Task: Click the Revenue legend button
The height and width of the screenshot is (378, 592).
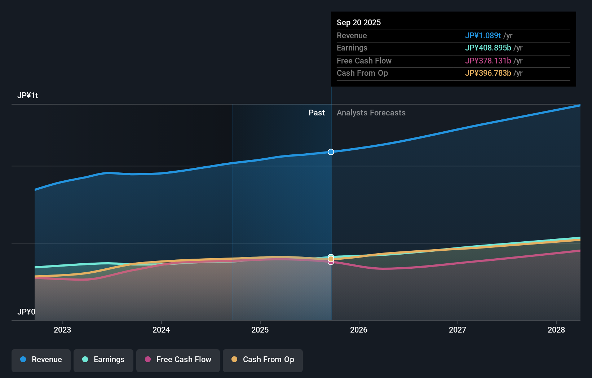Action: pos(41,360)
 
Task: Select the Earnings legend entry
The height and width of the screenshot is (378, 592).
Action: pos(103,360)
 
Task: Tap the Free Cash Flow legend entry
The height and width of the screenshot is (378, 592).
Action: pos(178,360)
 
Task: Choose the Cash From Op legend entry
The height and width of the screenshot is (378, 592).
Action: pos(263,360)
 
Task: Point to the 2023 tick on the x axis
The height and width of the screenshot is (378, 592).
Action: pos(62,330)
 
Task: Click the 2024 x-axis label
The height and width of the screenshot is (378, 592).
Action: pos(161,330)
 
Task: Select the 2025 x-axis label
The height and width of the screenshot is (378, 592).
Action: pos(260,330)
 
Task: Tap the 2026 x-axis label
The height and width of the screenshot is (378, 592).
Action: pos(359,330)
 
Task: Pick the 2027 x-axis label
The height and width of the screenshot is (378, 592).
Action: pos(458,330)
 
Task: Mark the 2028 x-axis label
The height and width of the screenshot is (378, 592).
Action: pos(556,330)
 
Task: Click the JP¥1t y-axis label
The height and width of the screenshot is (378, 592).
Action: pos(28,96)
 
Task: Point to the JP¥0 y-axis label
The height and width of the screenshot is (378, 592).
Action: pos(26,312)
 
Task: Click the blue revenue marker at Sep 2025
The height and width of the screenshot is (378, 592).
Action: pos(331,152)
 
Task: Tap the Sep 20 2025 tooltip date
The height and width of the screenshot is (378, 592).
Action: pos(359,22)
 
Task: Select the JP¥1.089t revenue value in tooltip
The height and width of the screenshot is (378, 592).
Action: pos(483,35)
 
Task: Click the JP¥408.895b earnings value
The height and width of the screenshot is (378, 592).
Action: pos(488,48)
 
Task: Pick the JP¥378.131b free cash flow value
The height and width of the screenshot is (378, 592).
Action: pos(488,61)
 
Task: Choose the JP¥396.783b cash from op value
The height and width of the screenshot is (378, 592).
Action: pos(488,73)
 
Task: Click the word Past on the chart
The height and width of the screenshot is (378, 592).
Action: pos(317,113)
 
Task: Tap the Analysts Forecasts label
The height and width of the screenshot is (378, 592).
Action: pos(371,113)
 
